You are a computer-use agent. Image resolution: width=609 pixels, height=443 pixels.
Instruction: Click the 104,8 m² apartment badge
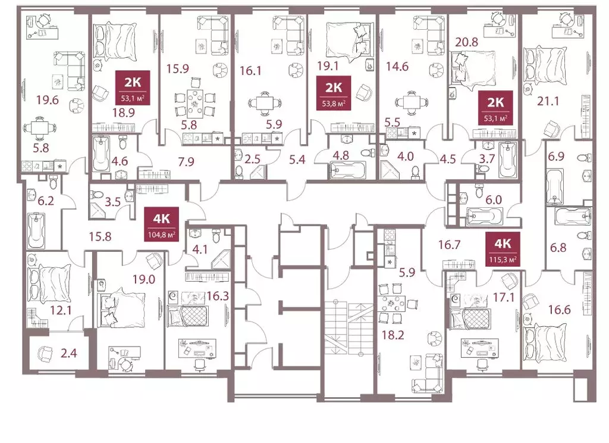[x=161, y=224]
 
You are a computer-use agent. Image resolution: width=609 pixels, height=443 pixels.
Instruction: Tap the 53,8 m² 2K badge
[x=334, y=93]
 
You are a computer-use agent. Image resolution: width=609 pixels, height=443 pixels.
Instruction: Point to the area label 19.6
[x=48, y=101]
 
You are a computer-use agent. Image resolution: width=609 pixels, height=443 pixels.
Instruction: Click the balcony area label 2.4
[x=69, y=353]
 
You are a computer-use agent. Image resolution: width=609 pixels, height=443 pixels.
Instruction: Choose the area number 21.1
[x=548, y=101]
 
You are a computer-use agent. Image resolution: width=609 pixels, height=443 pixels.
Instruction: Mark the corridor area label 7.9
[x=186, y=161]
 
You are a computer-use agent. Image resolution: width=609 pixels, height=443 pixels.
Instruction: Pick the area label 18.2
[x=393, y=335]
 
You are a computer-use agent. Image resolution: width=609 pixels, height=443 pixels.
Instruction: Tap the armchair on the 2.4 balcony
[x=46, y=353]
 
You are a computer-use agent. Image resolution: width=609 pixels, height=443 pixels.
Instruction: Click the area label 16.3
[x=218, y=297]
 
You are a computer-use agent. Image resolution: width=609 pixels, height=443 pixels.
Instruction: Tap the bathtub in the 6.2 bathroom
[x=36, y=230]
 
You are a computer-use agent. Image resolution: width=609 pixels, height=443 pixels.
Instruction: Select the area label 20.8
[x=466, y=42]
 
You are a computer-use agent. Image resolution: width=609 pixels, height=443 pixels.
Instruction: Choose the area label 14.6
[x=397, y=67]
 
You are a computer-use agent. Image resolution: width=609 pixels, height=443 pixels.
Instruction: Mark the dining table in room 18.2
[x=394, y=304]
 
